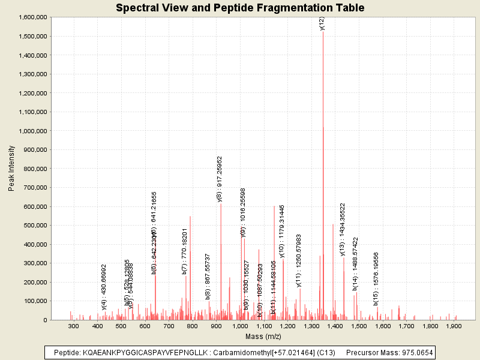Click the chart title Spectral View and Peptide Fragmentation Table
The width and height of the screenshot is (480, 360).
240,8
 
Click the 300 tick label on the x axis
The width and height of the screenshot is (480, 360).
74,326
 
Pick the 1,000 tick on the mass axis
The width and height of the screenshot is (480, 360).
240,326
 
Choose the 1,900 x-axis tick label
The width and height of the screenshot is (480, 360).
454,326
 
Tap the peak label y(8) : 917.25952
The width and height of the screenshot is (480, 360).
220,179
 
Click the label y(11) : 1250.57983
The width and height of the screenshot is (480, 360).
299,260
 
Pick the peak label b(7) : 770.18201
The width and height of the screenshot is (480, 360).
185,251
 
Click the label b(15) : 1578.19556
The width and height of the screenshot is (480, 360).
376,278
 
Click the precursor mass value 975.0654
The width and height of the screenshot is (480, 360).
415,352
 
